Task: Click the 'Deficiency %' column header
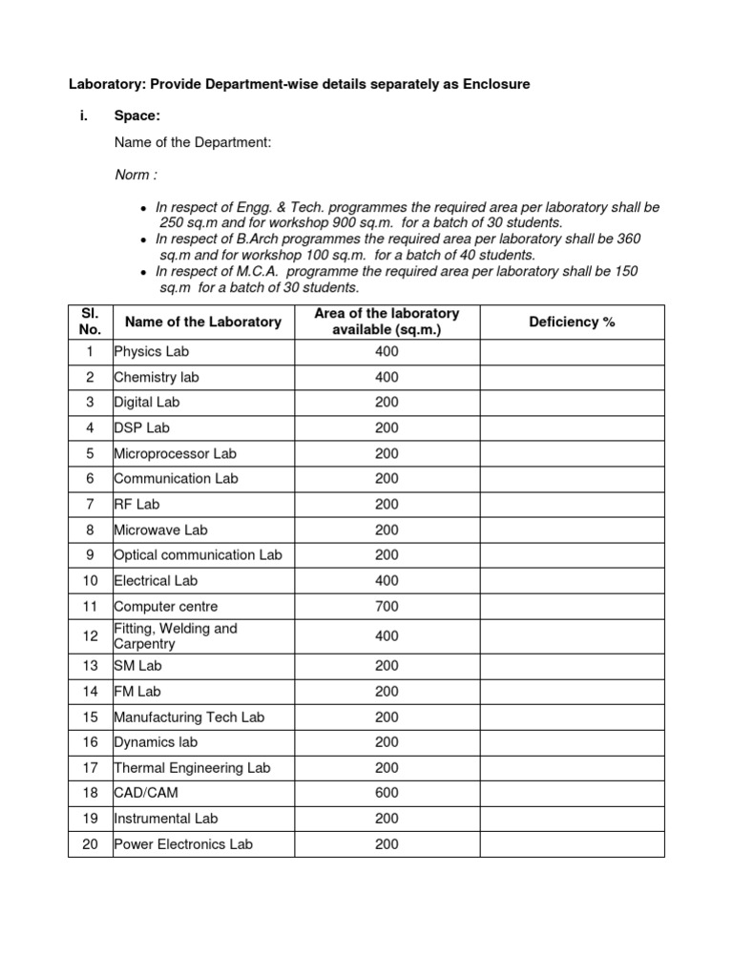pyautogui.click(x=572, y=322)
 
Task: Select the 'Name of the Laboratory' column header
pyautogui.click(x=203, y=322)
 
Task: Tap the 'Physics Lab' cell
pyautogui.click(x=151, y=352)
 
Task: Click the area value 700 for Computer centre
pyautogui.click(x=387, y=607)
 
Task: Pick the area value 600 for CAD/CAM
pyautogui.click(x=387, y=793)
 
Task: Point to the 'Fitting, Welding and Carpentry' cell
pyautogui.click(x=176, y=636)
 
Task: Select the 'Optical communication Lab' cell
pyautogui.click(x=198, y=555)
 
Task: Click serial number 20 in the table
pyautogui.click(x=90, y=844)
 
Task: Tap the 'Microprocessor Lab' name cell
pyautogui.click(x=176, y=454)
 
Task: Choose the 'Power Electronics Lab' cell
pyautogui.click(x=183, y=844)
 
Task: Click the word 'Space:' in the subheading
pyautogui.click(x=136, y=116)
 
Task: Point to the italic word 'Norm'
pyautogui.click(x=132, y=176)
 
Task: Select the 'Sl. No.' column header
pyautogui.click(x=90, y=322)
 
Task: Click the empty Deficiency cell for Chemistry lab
pyautogui.click(x=572, y=378)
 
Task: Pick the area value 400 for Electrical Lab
pyautogui.click(x=387, y=581)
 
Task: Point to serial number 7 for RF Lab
pyautogui.click(x=90, y=505)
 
